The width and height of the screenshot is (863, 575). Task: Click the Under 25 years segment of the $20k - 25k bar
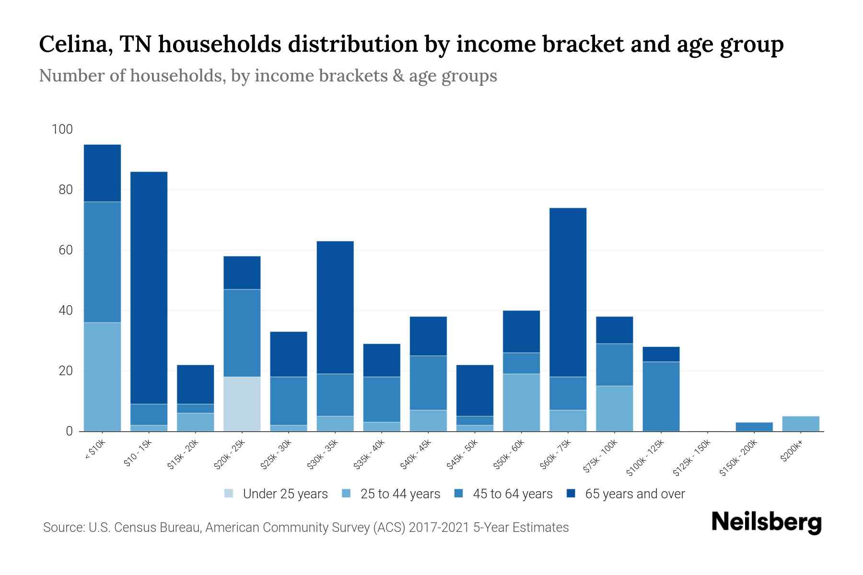[242, 404]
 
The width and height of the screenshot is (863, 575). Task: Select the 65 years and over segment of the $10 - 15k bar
[149, 287]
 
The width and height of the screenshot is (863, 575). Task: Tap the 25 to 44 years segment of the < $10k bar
[102, 377]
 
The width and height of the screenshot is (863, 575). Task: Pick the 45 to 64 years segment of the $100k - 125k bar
[661, 396]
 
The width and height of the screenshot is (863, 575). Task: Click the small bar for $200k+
[801, 424]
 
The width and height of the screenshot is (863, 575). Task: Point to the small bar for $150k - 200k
[754, 426]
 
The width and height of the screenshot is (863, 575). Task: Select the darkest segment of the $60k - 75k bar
[568, 292]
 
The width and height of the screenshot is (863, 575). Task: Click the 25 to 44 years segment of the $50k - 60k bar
[521, 402]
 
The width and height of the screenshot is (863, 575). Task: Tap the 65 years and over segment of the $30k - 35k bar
[335, 307]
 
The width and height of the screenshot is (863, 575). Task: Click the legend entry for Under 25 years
[276, 494]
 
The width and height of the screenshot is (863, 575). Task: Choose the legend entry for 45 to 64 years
[503, 494]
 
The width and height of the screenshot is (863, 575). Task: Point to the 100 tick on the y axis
[62, 129]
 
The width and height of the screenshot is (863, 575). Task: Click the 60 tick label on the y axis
[65, 250]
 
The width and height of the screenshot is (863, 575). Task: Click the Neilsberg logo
[766, 522]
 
